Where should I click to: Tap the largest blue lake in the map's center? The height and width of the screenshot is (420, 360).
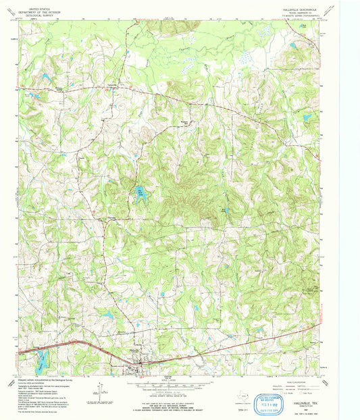[140, 193]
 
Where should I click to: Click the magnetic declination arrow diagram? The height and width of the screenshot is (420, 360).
[101, 390]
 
